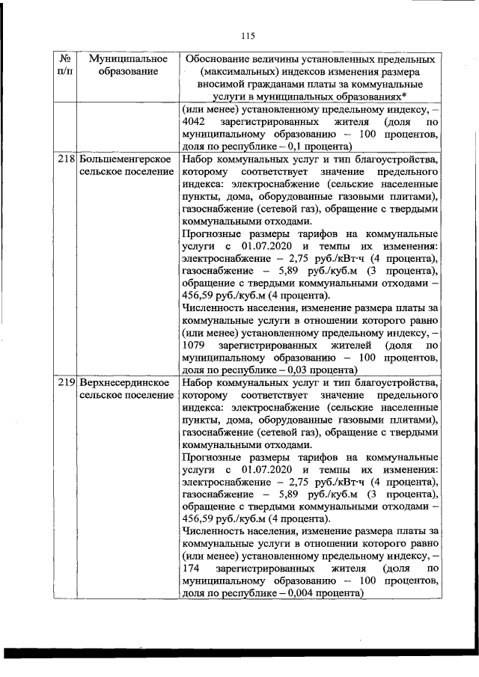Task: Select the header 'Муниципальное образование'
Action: pyautogui.click(x=121, y=64)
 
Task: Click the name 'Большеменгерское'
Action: pyautogui.click(x=120, y=159)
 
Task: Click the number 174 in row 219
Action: pyautogui.click(x=191, y=569)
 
